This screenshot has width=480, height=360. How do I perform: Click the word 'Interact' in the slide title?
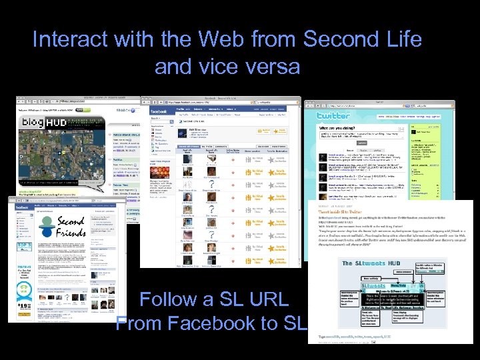[x=70, y=39]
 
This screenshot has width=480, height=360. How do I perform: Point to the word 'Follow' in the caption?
[x=174, y=300]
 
